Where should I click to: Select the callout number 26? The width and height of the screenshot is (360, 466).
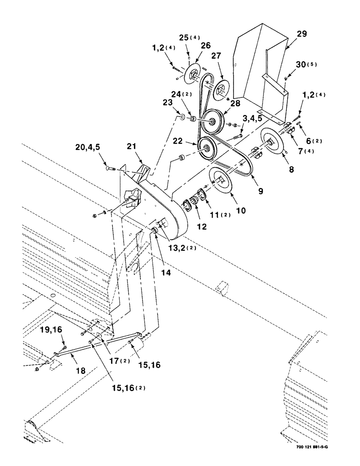pos(206,46)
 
